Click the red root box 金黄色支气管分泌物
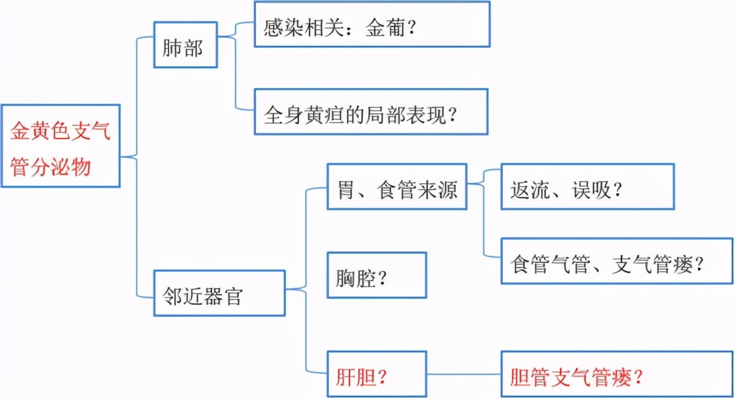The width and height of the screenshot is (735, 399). (x=60, y=146)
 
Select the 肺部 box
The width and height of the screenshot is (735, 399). (x=185, y=45)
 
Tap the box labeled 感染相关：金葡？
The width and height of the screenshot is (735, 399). (x=371, y=25)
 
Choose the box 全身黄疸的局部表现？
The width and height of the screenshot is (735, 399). (x=371, y=112)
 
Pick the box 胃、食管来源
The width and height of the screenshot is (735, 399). (x=395, y=186)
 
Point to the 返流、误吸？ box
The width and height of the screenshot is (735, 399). (x=587, y=187)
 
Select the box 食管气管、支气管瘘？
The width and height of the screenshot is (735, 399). (x=616, y=261)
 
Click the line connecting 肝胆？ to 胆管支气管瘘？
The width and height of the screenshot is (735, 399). (x=463, y=374)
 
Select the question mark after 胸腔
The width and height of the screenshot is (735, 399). (x=382, y=277)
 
